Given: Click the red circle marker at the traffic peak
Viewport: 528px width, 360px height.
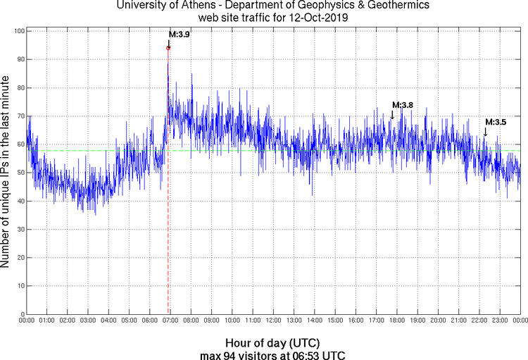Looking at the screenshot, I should (168, 48).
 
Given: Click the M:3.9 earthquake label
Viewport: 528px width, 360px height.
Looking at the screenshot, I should (179, 35).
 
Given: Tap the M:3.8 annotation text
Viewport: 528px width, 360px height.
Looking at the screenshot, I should (402, 105).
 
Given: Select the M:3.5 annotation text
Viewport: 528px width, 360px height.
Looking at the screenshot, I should (496, 122).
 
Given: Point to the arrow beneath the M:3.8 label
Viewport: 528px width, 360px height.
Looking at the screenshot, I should (392, 115).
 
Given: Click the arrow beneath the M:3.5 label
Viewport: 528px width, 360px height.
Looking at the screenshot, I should (485, 132).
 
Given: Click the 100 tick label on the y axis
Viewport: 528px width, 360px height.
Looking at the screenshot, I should (19, 32).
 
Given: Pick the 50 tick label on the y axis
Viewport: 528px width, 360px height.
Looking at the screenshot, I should (20, 173).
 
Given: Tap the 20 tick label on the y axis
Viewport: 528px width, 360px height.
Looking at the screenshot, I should (20, 258).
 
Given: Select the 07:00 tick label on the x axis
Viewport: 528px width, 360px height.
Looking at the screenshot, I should (170, 321).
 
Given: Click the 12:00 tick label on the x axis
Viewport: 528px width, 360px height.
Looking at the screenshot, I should (273, 321).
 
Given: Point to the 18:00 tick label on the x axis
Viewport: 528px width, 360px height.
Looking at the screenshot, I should (396, 321).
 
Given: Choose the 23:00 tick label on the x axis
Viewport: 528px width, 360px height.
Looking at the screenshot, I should (499, 321).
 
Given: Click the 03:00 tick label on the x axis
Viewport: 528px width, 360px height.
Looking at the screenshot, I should (88, 321).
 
